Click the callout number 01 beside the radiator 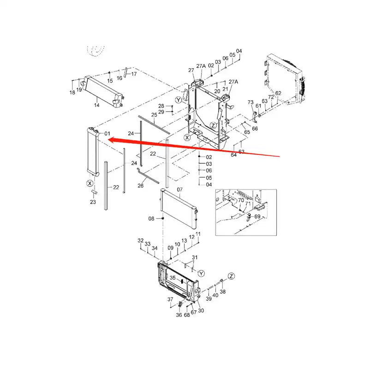(107, 134)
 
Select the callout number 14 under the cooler (97, 106)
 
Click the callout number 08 (151, 218)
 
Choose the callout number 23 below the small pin (93, 202)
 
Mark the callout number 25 (154, 114)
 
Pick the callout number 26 (141, 185)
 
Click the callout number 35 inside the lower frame (173, 278)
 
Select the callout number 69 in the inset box (257, 216)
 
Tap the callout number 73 (250, 102)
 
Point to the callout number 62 (278, 94)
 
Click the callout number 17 (134, 74)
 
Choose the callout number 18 (72, 93)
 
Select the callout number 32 (141, 241)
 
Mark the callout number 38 (223, 292)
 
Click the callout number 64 (234, 155)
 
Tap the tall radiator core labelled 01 (92, 152)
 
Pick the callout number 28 (161, 106)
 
